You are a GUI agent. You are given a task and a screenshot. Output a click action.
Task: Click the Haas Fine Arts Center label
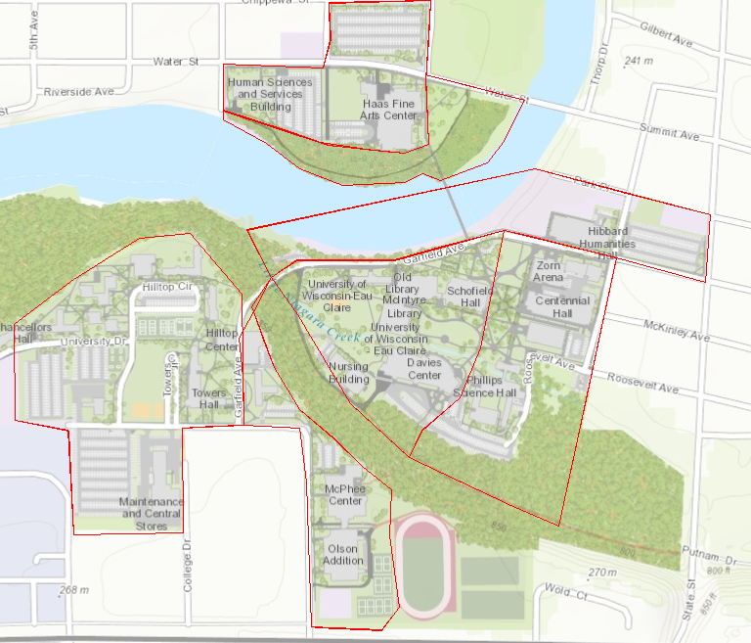[x=389, y=109]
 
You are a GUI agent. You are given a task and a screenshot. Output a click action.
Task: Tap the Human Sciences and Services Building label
[x=270, y=94]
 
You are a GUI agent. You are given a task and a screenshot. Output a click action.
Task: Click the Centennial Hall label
[x=562, y=306]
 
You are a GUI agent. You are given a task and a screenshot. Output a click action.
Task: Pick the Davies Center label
[x=424, y=368]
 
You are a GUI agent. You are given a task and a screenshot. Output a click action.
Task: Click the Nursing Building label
[x=349, y=372]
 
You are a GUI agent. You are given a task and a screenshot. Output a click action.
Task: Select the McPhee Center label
[x=344, y=494]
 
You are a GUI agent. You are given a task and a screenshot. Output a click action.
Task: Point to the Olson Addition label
[x=343, y=554]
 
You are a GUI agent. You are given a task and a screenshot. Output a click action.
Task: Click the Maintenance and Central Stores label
[x=151, y=513]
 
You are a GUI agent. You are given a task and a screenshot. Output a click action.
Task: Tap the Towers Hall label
[x=209, y=397]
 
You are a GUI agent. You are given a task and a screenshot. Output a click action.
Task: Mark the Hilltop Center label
[x=222, y=340]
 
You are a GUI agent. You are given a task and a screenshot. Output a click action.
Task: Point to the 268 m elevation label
[x=73, y=590]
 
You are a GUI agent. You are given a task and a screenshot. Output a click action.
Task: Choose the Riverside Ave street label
[x=79, y=92]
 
